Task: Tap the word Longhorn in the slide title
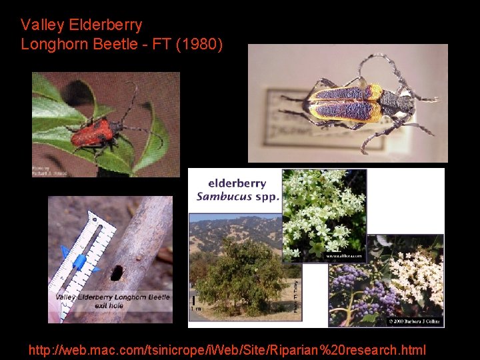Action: pyautogui.click(x=53, y=45)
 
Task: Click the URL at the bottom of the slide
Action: pyautogui.click(x=227, y=349)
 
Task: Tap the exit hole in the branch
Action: pyautogui.click(x=117, y=272)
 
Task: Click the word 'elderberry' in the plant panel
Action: pyautogui.click(x=237, y=183)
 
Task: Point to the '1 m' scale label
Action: pyautogui.click(x=195, y=309)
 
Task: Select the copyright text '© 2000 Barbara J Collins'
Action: pyautogui.click(x=413, y=321)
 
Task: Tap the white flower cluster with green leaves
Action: pyautogui.click(x=323, y=213)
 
